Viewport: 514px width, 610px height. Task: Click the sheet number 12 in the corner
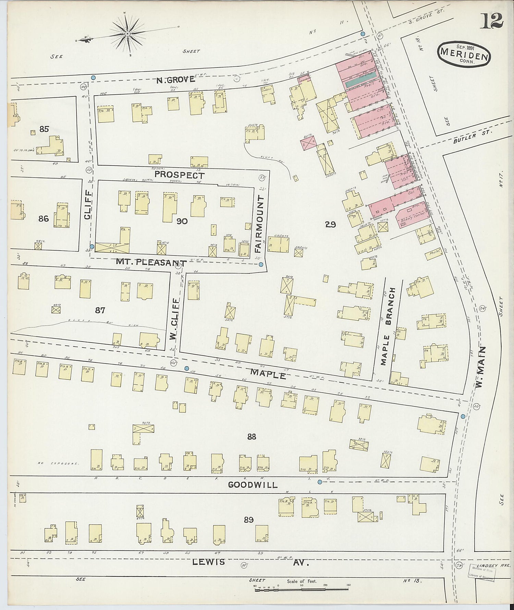pyautogui.click(x=491, y=21)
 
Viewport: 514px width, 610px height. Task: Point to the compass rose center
pyautogui.click(x=127, y=34)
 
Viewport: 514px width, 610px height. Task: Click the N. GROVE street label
pyautogui.click(x=175, y=80)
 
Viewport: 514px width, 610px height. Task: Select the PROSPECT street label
pyautogui.click(x=179, y=175)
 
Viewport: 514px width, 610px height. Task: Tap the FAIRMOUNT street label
pyautogui.click(x=261, y=224)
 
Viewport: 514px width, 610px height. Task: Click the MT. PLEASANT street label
pyautogui.click(x=151, y=263)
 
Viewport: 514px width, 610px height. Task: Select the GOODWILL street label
pyautogui.click(x=253, y=485)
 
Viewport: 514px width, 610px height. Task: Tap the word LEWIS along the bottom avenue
pyautogui.click(x=208, y=562)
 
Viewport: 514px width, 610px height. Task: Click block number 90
pyautogui.click(x=182, y=222)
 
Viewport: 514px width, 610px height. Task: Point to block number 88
pyautogui.click(x=252, y=436)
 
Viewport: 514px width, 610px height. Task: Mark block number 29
pyautogui.click(x=330, y=225)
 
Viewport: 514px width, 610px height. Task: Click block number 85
pyautogui.click(x=44, y=129)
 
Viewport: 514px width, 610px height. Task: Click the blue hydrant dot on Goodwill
pyautogui.click(x=320, y=482)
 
